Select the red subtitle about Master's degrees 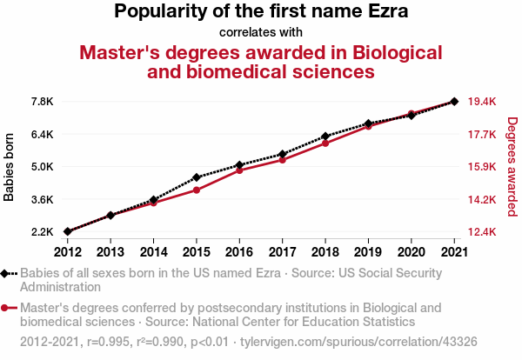[261, 61]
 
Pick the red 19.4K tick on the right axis [482, 102]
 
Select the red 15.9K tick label [482, 167]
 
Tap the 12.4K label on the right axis [482, 232]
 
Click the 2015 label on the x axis [197, 252]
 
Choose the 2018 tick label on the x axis [325, 252]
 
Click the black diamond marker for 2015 [197, 177]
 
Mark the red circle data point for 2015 [197, 190]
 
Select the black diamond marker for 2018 [325, 137]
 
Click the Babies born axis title [10, 167]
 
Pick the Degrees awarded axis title [512, 167]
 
